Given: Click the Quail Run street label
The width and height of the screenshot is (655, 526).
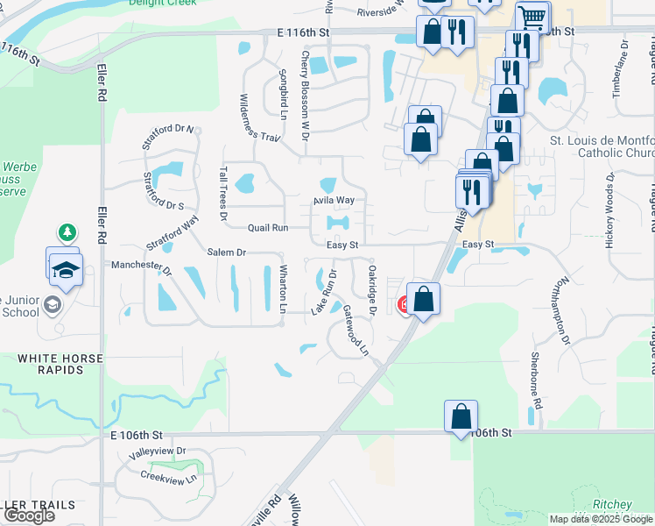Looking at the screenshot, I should (x=267, y=227).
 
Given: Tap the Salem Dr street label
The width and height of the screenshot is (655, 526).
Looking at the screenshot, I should (x=227, y=252).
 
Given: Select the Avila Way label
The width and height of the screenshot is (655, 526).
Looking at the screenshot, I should (x=334, y=201).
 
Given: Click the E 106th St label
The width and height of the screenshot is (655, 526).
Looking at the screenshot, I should (x=137, y=435).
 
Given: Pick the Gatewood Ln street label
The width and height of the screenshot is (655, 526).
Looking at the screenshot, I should (x=356, y=330).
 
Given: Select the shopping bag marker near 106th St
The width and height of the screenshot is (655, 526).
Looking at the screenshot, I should (x=461, y=417).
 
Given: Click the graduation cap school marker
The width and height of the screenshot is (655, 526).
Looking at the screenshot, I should (x=64, y=270).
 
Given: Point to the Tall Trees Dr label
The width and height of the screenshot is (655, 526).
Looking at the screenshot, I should (x=223, y=193).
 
